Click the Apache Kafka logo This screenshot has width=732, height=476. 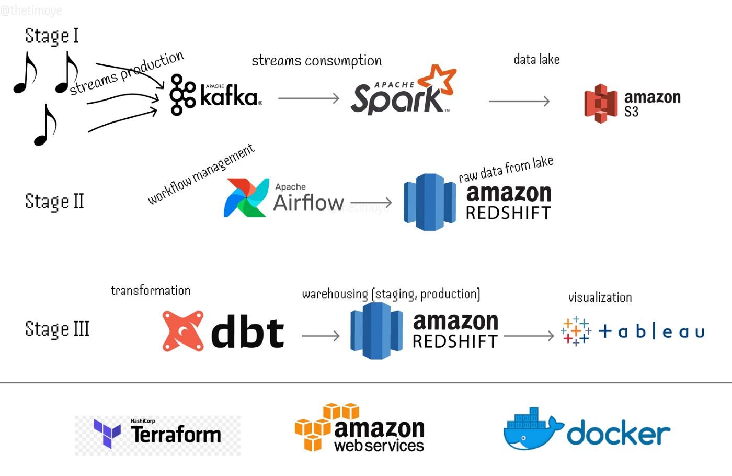pyautogui.click(x=215, y=95)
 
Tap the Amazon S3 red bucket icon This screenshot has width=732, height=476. pyautogui.click(x=601, y=104)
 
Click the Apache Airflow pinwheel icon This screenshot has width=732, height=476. pyautogui.click(x=246, y=198)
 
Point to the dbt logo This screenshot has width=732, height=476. pyautogui.click(x=223, y=331)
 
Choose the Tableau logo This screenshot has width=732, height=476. pyautogui.click(x=633, y=331)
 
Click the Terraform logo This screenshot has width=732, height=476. pyautogui.click(x=157, y=434)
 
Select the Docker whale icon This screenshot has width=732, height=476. pyautogui.click(x=532, y=429)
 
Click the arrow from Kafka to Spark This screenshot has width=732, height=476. pyautogui.click(x=308, y=98)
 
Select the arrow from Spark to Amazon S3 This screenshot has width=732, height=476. pyautogui.click(x=519, y=101)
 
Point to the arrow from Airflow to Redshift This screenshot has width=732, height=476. pyautogui.click(x=371, y=202)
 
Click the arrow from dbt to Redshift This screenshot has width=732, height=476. pyautogui.click(x=321, y=336)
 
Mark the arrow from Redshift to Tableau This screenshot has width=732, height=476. pyautogui.click(x=529, y=336)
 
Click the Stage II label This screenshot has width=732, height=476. pyautogui.click(x=54, y=202)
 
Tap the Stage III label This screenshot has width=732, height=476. pyautogui.click(x=57, y=329)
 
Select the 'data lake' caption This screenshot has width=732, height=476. pyautogui.click(x=536, y=59)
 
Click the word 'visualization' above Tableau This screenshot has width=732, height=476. pyautogui.click(x=600, y=297)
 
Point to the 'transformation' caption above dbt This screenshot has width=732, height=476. pyautogui.click(x=151, y=291)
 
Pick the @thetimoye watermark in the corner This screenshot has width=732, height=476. pyautogui.click(x=31, y=10)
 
